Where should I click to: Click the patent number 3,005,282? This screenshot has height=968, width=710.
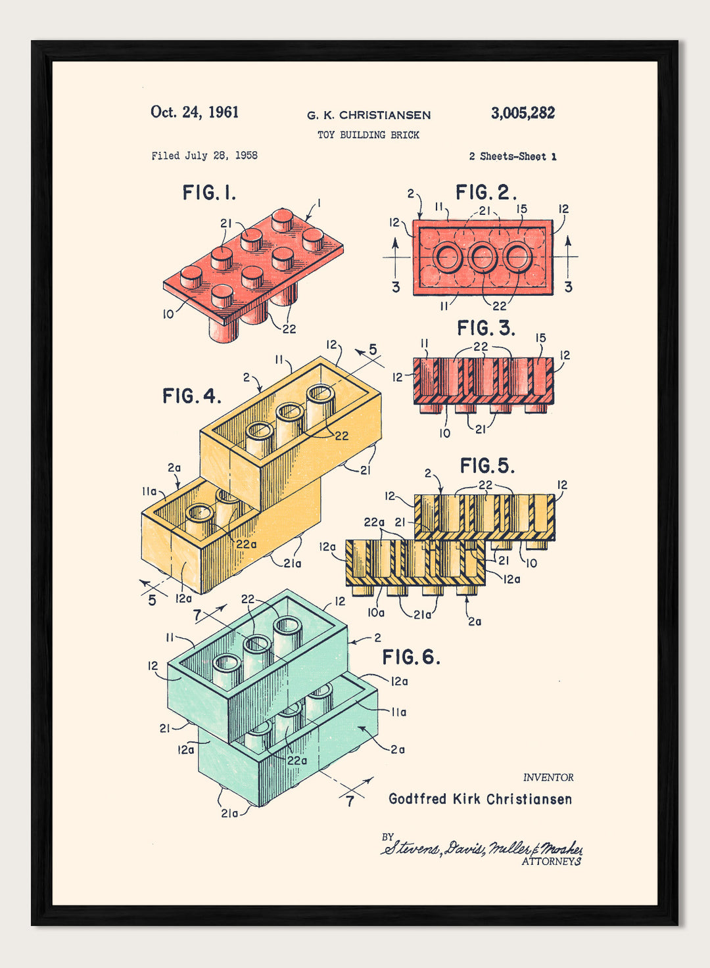click(523, 113)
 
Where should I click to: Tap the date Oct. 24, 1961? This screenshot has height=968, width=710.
click(195, 112)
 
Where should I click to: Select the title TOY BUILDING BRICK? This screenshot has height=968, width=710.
click(368, 135)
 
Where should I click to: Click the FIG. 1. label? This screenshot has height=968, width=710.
click(209, 193)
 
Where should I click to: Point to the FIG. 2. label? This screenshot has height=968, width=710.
click(486, 193)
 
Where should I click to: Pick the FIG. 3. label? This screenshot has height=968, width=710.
click(486, 327)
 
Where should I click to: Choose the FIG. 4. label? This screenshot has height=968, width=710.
click(191, 396)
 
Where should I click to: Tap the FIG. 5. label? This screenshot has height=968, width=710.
click(487, 466)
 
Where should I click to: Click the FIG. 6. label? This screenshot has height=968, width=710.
click(411, 657)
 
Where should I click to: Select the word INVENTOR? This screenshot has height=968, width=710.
click(548, 777)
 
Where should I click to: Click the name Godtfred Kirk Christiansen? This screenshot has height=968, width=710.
click(480, 799)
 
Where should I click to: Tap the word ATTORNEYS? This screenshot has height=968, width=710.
click(551, 862)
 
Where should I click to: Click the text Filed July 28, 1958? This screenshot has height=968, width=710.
click(204, 156)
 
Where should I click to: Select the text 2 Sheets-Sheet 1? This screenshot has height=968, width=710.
click(513, 156)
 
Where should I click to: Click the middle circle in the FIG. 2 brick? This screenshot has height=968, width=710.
click(482, 258)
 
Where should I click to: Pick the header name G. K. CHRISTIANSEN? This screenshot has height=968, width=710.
click(369, 116)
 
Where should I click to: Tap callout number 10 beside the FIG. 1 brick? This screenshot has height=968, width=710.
click(168, 314)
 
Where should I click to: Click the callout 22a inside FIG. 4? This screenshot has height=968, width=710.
click(247, 544)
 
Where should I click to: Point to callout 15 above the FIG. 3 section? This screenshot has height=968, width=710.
click(540, 338)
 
